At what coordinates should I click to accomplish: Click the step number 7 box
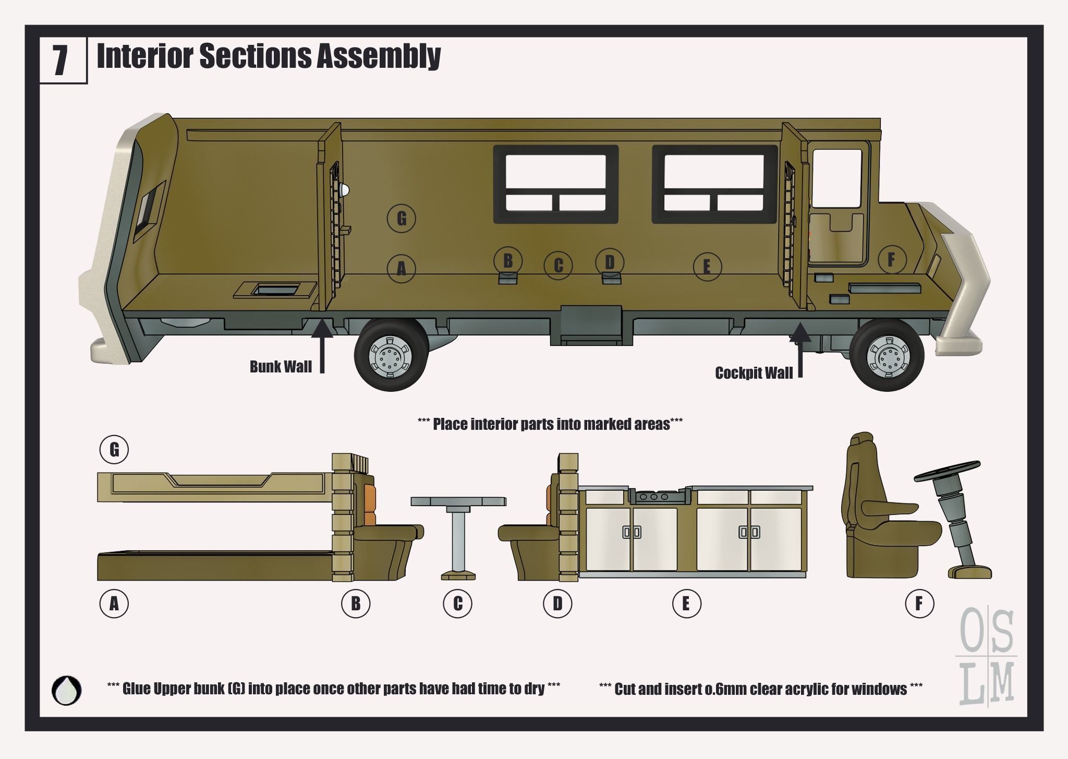click(x=62, y=60)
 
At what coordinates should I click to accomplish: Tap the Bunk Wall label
click(x=281, y=367)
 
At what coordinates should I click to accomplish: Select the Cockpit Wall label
click(x=754, y=373)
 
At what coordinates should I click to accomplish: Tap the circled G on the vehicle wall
click(x=402, y=218)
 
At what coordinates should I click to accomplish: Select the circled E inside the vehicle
click(x=707, y=267)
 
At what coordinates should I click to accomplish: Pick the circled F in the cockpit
click(x=892, y=259)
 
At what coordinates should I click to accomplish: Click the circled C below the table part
click(x=457, y=604)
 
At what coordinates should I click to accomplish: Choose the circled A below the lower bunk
click(x=114, y=604)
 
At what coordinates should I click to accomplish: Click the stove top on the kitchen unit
click(x=656, y=497)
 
